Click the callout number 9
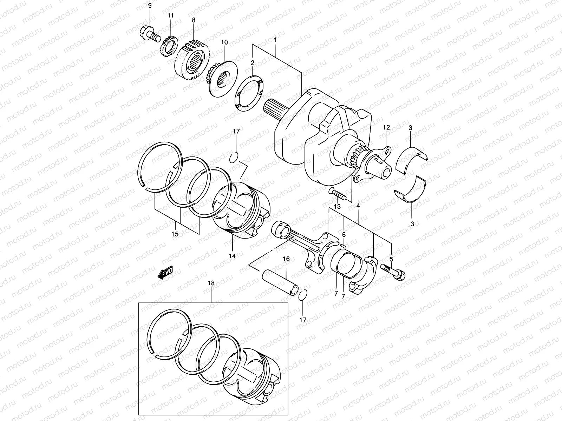(150, 6)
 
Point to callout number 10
(224, 42)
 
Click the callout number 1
(275, 40)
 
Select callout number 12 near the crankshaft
(386, 127)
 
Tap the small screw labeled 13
(338, 194)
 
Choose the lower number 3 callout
(412, 223)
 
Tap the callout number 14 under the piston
(232, 256)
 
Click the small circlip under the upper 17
(235, 157)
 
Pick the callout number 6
(344, 234)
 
